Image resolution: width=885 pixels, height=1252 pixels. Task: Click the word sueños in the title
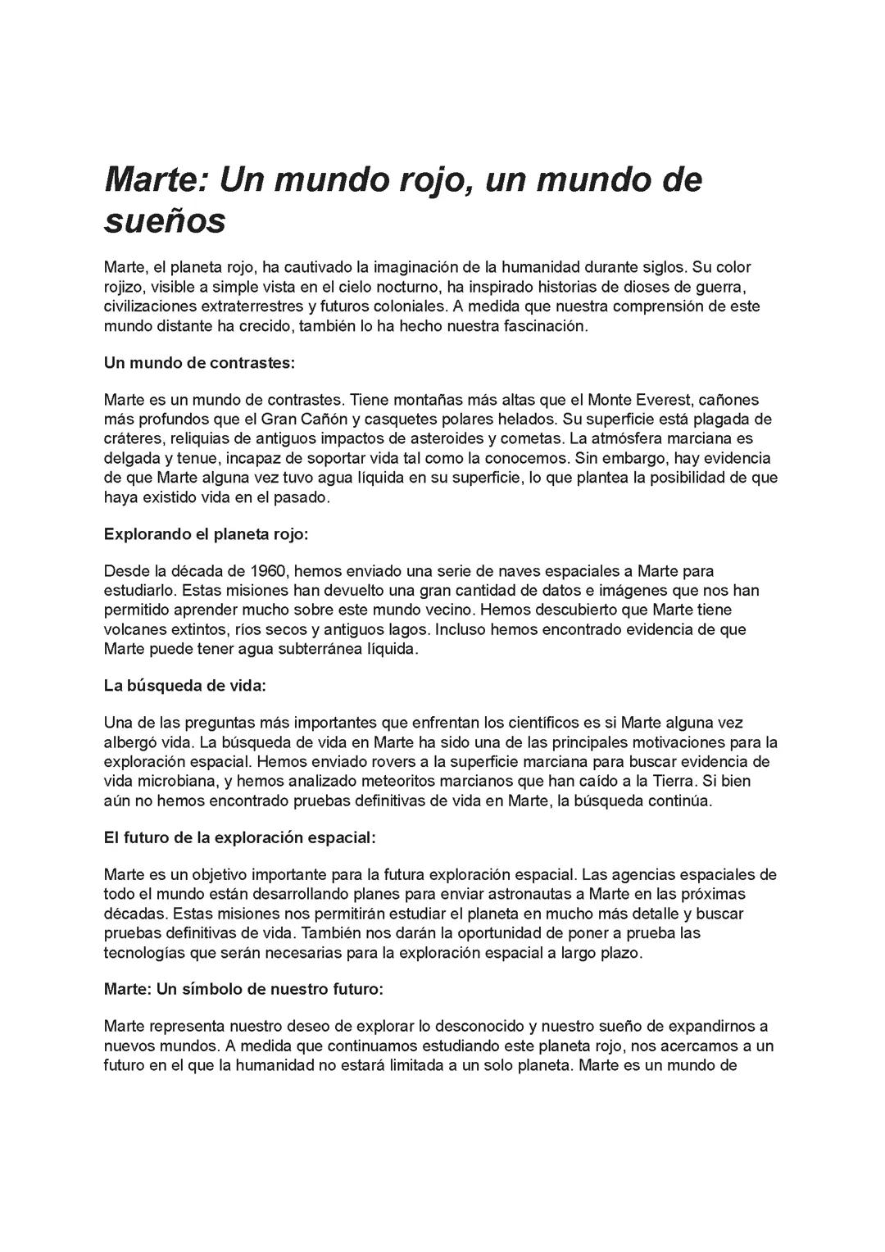(165, 221)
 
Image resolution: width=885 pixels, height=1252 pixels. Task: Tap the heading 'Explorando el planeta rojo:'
(206, 534)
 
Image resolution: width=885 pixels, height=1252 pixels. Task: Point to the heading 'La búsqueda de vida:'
(185, 686)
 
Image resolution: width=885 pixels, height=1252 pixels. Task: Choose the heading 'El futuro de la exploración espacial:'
(240, 837)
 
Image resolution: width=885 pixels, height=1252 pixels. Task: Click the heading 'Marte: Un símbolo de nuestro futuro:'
(243, 989)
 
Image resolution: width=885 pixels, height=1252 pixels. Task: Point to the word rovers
(376, 761)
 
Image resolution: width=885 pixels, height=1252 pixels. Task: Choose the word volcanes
(135, 629)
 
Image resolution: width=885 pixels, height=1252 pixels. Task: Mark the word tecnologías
(144, 952)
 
